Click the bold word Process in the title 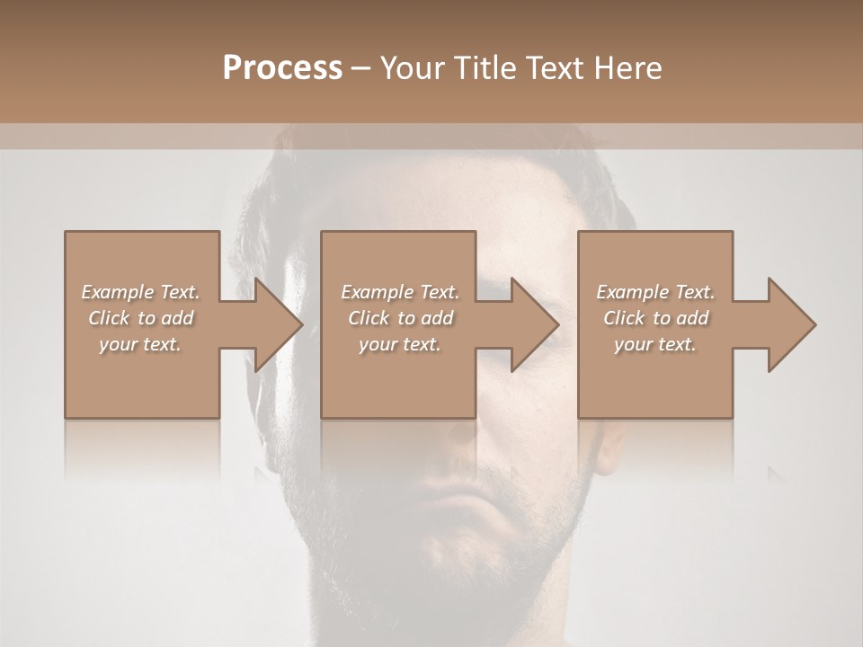click(282, 68)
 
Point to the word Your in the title click(411, 68)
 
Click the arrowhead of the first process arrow click(279, 324)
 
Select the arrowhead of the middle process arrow click(536, 324)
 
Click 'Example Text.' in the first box click(140, 292)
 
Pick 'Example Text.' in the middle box click(399, 292)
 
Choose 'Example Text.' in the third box click(655, 292)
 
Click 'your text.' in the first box click(140, 344)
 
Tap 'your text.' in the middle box click(399, 344)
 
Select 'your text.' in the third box click(655, 344)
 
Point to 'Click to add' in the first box click(140, 318)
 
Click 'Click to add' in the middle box click(399, 318)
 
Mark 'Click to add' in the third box click(655, 318)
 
